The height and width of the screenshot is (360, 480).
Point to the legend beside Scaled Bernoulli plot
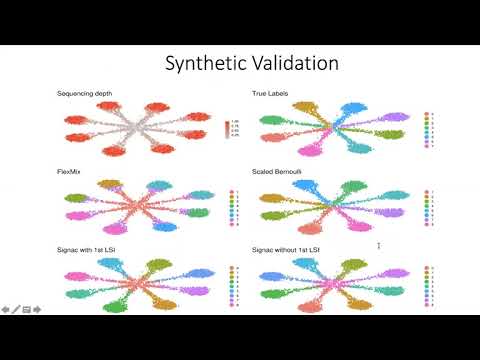pos(428,205)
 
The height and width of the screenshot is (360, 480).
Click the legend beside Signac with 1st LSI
pos(234,281)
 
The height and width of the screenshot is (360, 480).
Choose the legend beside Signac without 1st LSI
pos(428,281)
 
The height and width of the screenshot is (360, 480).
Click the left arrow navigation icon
pos(5,309)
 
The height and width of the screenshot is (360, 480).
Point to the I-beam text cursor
pos(378,245)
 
